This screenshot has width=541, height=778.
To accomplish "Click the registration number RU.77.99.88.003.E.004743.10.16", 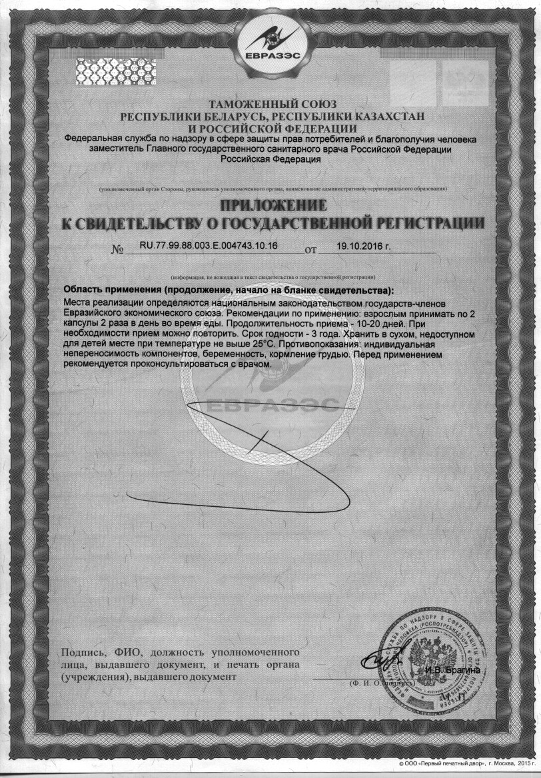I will tap(209, 246).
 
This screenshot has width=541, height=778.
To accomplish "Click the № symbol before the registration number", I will tap(118, 251).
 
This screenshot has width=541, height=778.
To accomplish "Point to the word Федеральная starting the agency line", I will tap(93, 140).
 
